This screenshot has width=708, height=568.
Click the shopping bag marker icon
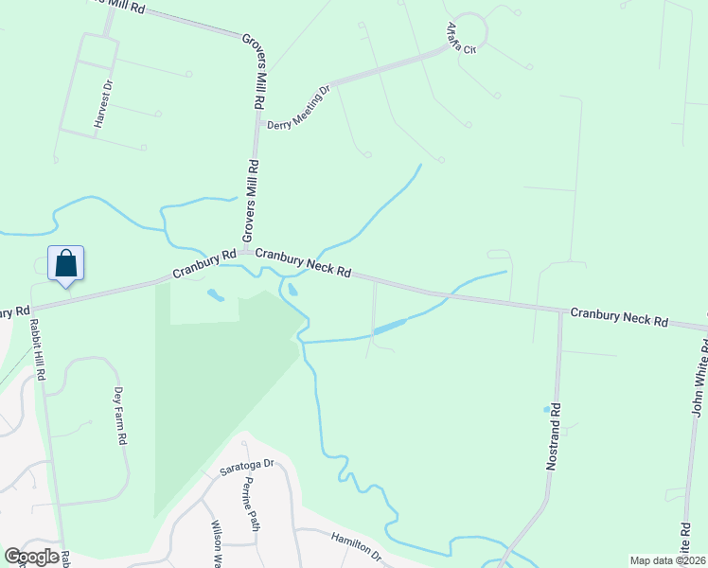(x=65, y=262)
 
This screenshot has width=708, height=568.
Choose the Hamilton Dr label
(x=355, y=546)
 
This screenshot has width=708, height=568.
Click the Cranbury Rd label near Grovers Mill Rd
(x=204, y=264)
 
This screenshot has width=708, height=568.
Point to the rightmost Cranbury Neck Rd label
(x=618, y=316)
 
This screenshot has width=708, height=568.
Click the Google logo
(x=31, y=557)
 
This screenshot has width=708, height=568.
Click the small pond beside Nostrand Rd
(x=546, y=410)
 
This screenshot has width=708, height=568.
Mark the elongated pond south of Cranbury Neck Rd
(x=389, y=328)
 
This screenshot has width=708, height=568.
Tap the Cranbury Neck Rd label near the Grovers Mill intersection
(x=303, y=263)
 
